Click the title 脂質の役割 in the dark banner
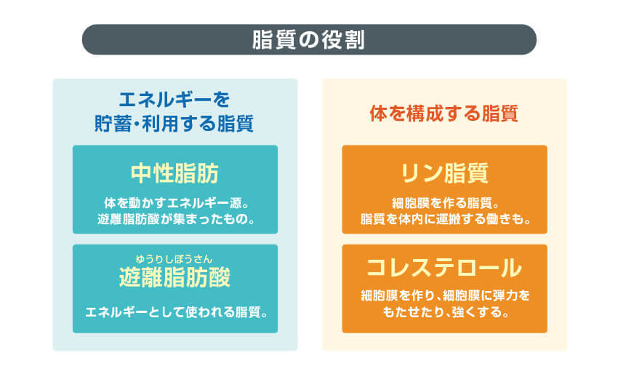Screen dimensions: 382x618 click(308, 39)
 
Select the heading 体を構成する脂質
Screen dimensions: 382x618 click(444, 114)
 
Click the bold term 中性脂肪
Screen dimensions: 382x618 click(174, 174)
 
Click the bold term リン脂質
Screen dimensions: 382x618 click(444, 174)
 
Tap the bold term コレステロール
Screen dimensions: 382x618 click(444, 268)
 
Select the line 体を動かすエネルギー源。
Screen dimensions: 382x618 click(174, 202)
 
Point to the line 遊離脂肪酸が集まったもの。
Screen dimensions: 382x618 click(174, 218)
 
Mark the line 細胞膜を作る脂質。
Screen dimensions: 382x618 click(444, 202)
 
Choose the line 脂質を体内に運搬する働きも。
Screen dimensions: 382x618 click(444, 218)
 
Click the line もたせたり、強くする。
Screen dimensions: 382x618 click(444, 314)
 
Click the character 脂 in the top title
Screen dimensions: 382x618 click(262, 39)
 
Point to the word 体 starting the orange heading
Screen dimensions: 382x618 click(378, 114)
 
